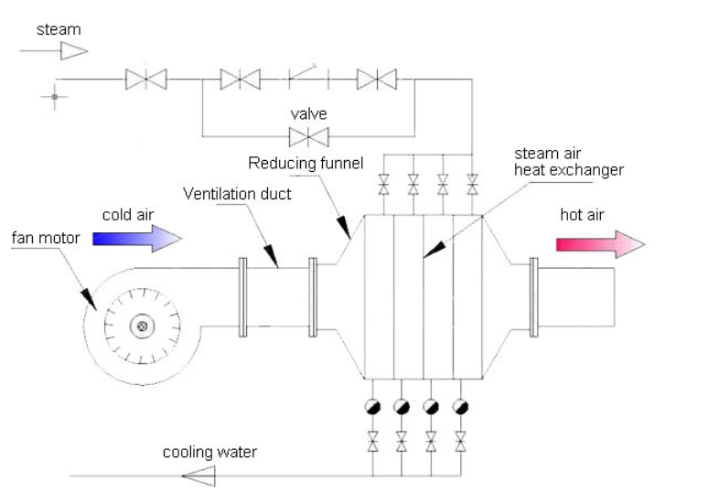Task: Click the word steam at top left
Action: pos(59,29)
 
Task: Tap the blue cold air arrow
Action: pos(138,239)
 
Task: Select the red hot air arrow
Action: pos(599,243)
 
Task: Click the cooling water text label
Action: pos(209,452)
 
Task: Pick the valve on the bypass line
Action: pos(309,137)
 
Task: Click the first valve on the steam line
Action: pos(145,80)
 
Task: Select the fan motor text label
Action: pos(46,239)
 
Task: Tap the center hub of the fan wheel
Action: pos(141,326)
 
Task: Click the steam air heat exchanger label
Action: pos(568,162)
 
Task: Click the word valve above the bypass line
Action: pos(309,114)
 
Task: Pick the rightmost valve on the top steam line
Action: pos(376,80)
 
